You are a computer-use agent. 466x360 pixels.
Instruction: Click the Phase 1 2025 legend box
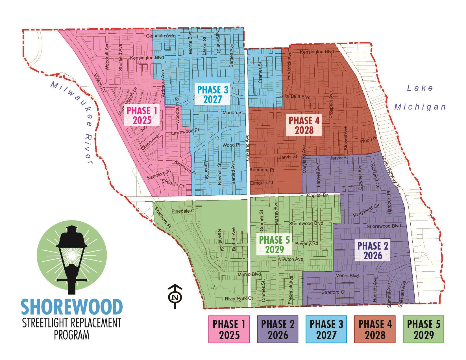click(x=229, y=329)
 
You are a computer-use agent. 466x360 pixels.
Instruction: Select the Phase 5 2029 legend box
click(x=423, y=329)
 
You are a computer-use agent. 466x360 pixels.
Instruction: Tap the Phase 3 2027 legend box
click(x=326, y=329)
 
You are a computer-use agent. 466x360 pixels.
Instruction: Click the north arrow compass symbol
click(x=175, y=296)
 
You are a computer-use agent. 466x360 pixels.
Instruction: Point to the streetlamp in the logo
click(x=72, y=260)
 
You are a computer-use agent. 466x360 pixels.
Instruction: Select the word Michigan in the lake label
click(x=420, y=107)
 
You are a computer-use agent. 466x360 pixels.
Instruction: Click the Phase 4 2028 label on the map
click(x=304, y=125)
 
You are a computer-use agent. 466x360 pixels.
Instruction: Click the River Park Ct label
click(x=239, y=298)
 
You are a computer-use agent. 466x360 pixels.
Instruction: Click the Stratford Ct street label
click(x=333, y=292)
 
